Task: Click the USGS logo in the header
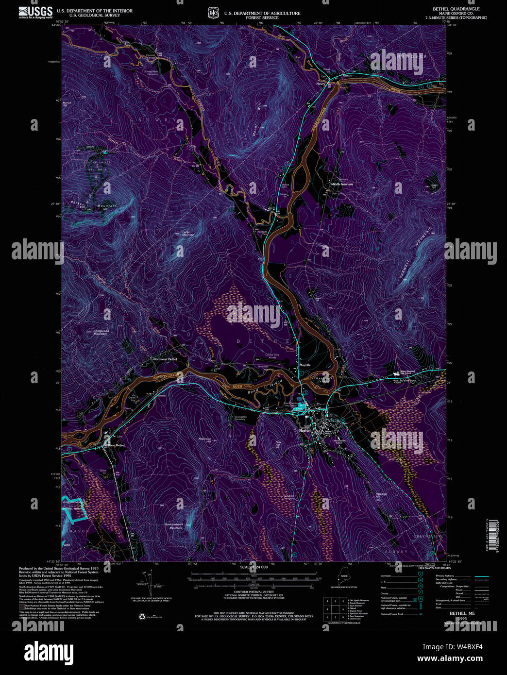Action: point(35,12)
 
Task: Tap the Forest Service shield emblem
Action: point(212,13)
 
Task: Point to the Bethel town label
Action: point(304,430)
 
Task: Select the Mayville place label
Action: point(304,365)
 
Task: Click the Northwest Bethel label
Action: point(165,359)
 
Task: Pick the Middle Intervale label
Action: point(342,185)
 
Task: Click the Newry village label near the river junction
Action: point(321,84)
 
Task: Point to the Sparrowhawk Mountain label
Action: point(173,526)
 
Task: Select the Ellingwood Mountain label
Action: point(101,333)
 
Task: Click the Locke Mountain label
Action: point(188,233)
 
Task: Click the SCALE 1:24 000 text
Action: point(254,567)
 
